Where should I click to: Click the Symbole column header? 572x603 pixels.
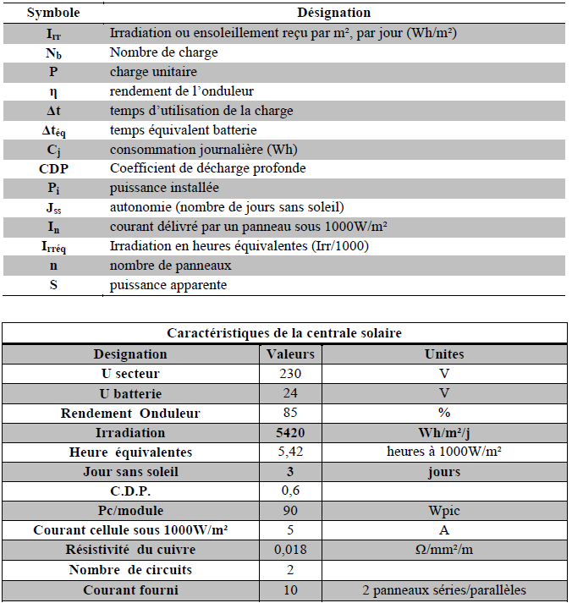[52, 14]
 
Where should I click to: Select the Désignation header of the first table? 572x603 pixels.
[333, 14]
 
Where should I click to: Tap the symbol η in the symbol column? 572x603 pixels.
[53, 91]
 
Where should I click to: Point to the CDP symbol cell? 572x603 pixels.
[53, 168]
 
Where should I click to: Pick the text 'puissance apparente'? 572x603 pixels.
[168, 285]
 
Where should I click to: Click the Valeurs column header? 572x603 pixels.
[290, 354]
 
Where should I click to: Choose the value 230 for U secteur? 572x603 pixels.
[290, 374]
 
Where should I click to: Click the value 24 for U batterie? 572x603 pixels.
[290, 393]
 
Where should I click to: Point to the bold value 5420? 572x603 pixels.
[290, 432]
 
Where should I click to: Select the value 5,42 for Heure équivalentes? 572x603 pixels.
[290, 452]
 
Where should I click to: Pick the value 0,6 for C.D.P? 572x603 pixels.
[290, 491]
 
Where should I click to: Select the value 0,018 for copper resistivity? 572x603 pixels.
[290, 551]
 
